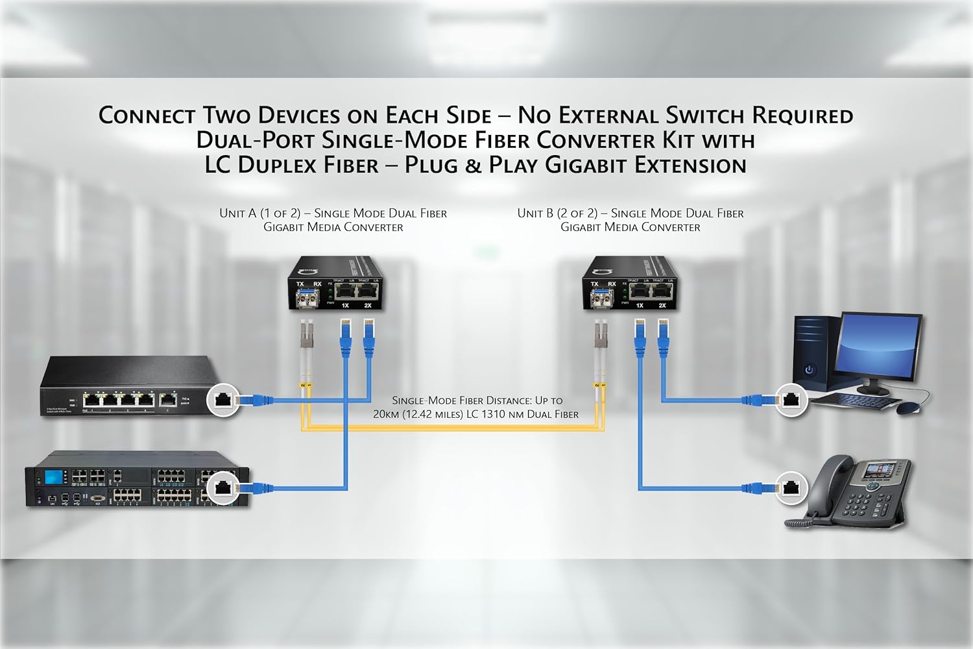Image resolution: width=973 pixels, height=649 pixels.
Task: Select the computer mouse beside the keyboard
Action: pos(907,408)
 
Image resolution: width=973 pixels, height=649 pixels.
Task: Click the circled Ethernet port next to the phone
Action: pos(790,487)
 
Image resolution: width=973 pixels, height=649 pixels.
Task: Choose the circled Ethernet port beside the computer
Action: pos(790,399)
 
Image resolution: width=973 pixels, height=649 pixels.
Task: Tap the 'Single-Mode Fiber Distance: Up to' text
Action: pos(477,400)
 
